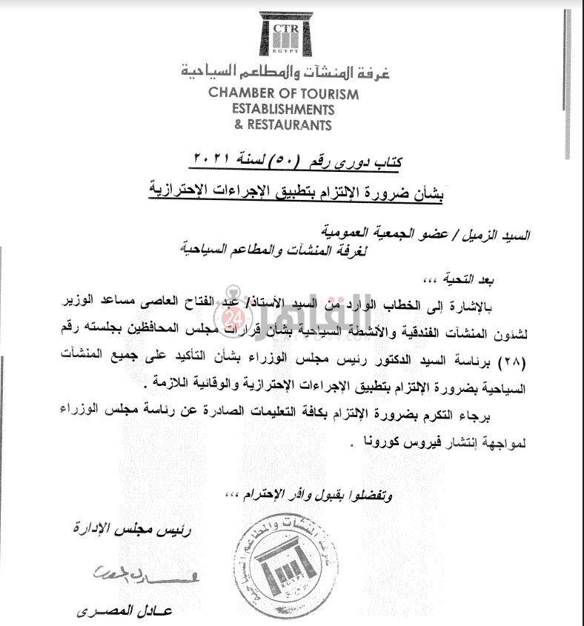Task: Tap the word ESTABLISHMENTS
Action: tap(282, 110)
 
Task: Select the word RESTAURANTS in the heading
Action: tap(291, 125)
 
